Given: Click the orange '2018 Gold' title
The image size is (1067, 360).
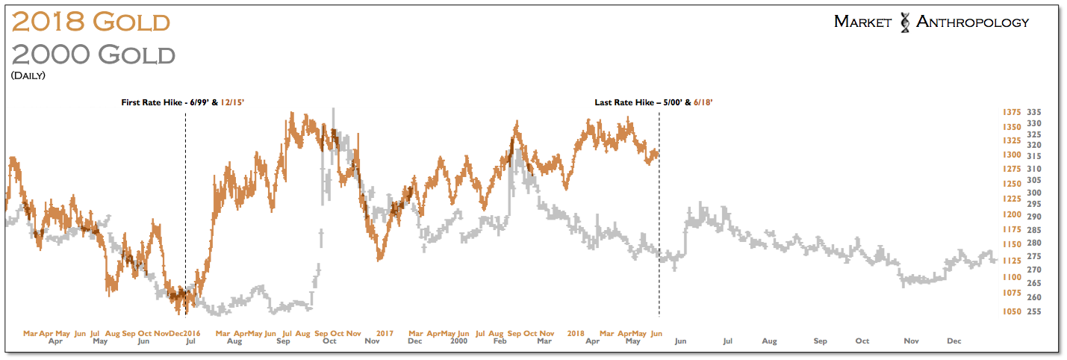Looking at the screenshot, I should [91, 22].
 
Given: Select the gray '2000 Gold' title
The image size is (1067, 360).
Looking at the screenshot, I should [94, 55].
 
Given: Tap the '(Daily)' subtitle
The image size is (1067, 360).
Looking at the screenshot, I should [28, 75].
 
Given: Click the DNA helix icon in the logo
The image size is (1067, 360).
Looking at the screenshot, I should [904, 22].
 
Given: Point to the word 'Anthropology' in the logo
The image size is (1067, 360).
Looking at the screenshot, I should [972, 22].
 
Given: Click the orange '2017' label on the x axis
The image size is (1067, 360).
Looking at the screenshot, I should [385, 332].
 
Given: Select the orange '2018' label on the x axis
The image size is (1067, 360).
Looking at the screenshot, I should [575, 332].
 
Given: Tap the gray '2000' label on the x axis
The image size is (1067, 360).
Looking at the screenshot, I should [461, 341].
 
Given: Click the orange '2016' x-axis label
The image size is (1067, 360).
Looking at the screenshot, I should [192, 332].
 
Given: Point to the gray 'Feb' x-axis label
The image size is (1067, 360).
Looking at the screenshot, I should [501, 341].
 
